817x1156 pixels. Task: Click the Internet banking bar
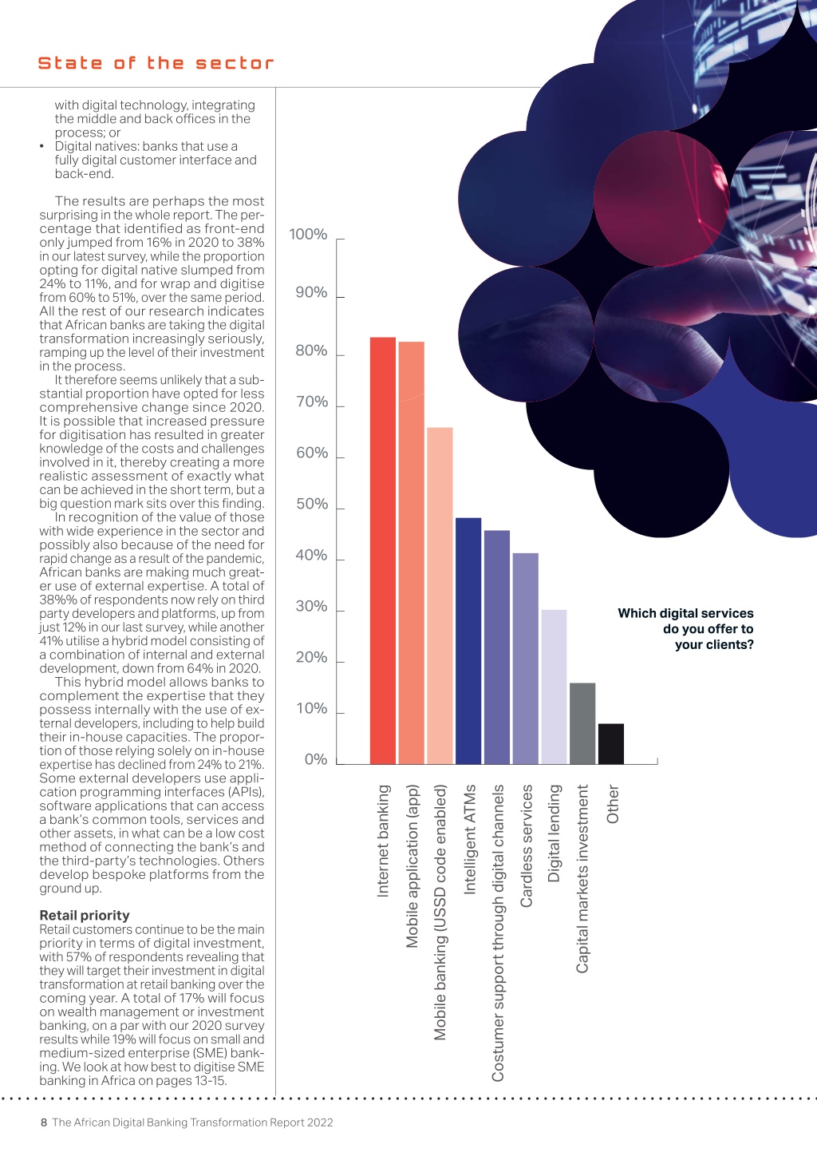point(383,551)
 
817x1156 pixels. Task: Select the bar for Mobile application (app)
point(412,552)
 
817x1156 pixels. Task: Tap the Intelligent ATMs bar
point(468,641)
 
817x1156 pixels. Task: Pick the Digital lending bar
point(554,687)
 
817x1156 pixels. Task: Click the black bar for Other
point(611,744)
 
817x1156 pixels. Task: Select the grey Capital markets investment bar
point(582,723)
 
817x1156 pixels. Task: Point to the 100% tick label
point(308,234)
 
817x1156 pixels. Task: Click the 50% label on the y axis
point(311,504)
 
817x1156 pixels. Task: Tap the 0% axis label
point(316,759)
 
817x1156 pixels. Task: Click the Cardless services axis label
point(526,845)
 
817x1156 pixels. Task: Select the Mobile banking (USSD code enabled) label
point(440,913)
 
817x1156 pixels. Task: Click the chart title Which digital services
point(685,613)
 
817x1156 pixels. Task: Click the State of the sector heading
point(156,63)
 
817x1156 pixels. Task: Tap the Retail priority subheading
point(85,916)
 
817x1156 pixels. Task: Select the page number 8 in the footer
point(44,1122)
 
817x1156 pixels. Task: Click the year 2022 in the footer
point(320,1122)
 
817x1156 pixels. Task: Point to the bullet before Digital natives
point(41,147)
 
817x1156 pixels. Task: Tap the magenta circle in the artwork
point(661,198)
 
